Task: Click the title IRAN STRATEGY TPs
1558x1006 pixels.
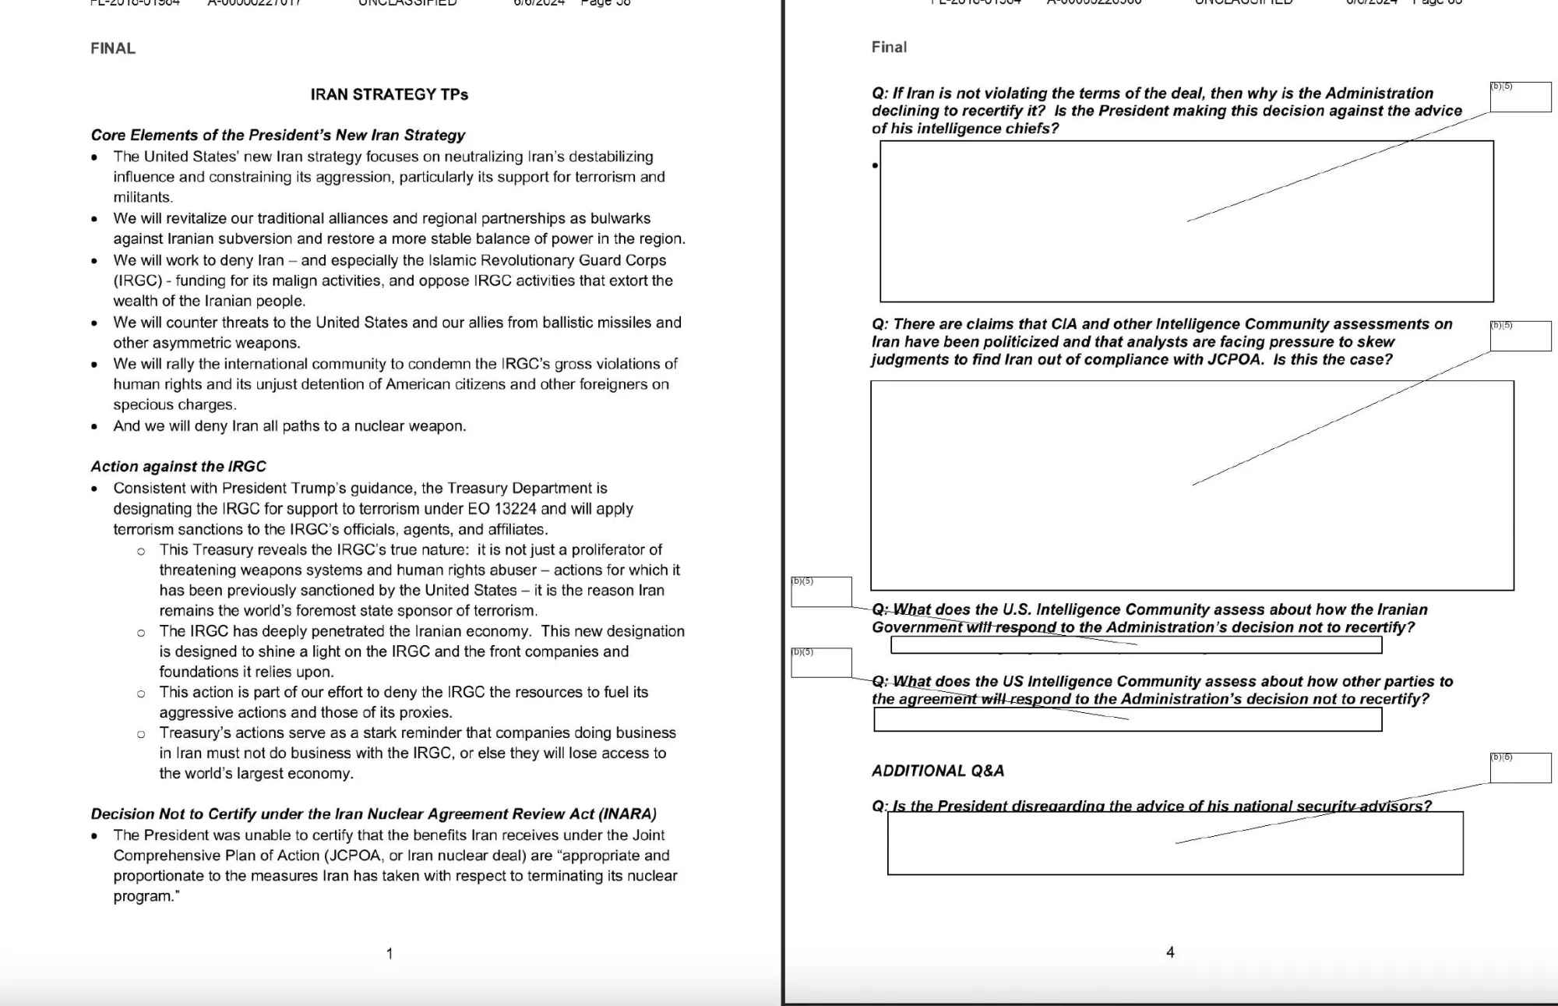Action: [x=389, y=94]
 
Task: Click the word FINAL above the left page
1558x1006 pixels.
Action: [x=113, y=48]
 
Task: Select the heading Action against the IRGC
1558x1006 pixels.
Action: [x=178, y=466]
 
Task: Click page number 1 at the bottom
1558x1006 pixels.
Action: [x=389, y=953]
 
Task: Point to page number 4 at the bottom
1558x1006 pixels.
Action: [x=1170, y=951]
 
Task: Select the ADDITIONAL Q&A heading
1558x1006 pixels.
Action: [x=938, y=771]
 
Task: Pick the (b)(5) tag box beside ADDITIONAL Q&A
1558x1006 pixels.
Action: [x=1520, y=768]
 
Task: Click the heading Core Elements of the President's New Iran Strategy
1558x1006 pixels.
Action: [x=277, y=135]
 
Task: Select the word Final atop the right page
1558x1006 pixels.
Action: [x=889, y=47]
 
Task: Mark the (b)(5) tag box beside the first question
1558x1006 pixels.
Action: [x=1520, y=97]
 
